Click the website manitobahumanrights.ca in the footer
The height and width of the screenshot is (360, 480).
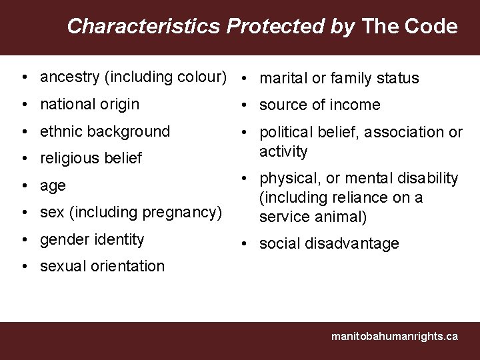click(395, 337)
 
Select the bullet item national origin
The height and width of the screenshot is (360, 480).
click(89, 105)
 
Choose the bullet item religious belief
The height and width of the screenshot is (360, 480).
click(91, 159)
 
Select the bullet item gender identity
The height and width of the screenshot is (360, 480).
click(92, 239)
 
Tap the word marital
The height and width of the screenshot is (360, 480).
click(283, 79)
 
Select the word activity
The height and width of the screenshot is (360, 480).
click(283, 151)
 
